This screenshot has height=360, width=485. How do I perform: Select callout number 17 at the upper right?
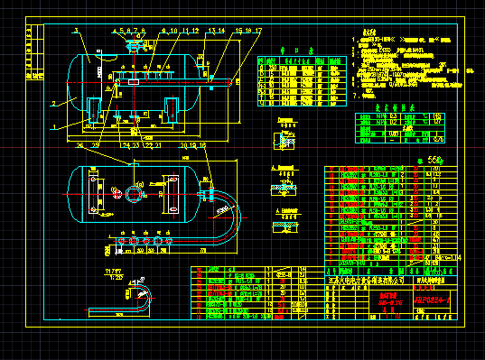pyautogui.click(x=258, y=31)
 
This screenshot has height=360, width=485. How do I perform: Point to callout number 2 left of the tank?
pyautogui.click(x=53, y=105)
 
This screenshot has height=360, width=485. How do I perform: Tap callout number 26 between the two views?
pyautogui.click(x=80, y=143)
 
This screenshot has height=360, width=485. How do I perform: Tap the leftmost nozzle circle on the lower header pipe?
pyautogui.click(x=120, y=242)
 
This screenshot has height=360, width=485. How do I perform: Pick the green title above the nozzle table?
pyautogui.click(x=290, y=51)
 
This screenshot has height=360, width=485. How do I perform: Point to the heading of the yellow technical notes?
pyautogui.click(x=367, y=32)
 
